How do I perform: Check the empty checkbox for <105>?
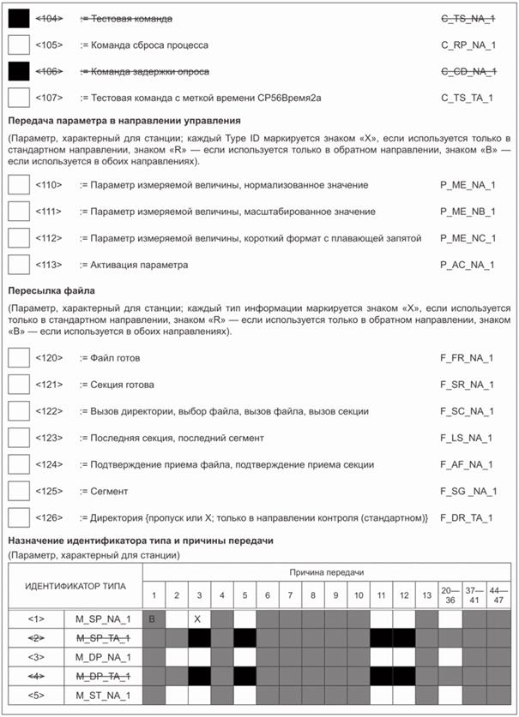point(18,44)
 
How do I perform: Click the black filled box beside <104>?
point(18,18)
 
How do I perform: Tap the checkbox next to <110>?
point(18,184)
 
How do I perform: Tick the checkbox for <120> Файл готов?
point(18,357)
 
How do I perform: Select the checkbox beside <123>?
point(18,438)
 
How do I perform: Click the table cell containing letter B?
point(152,616)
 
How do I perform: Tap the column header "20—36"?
point(450,594)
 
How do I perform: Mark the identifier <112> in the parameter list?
point(50,238)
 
